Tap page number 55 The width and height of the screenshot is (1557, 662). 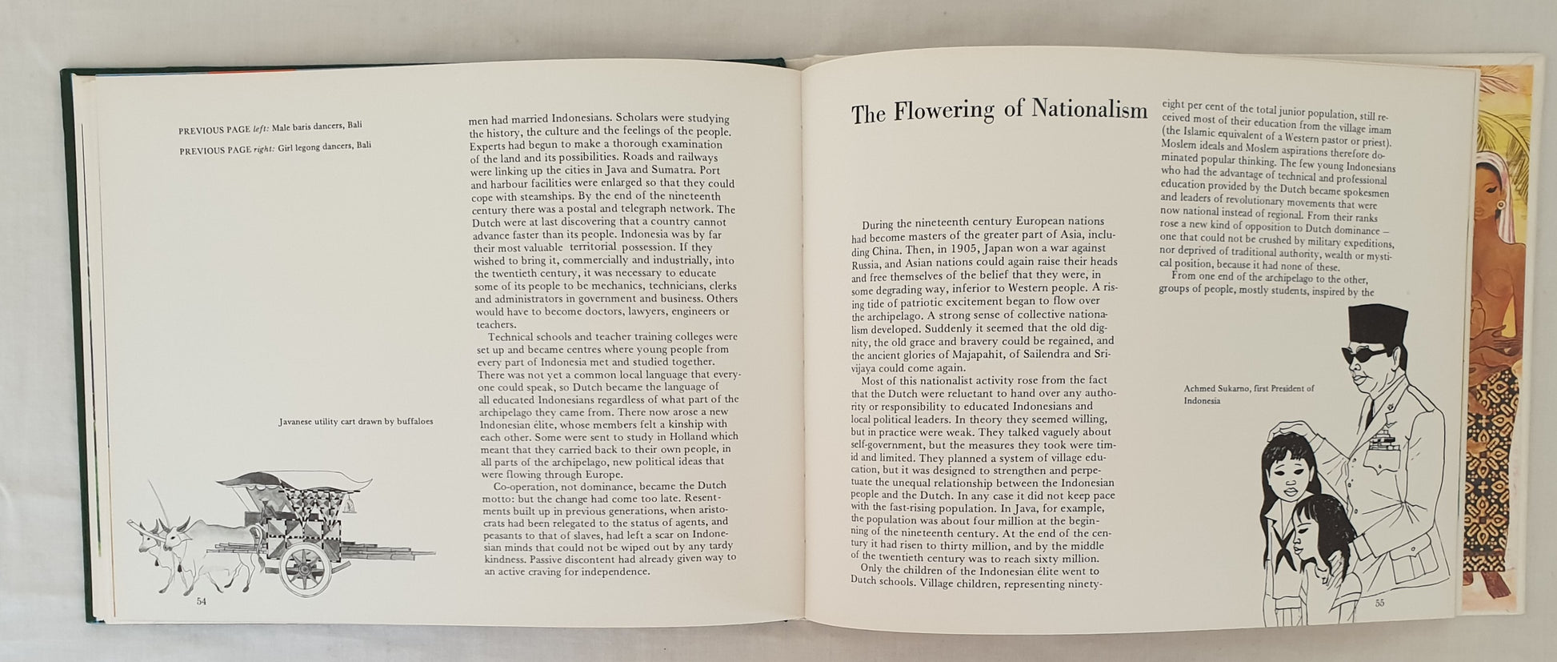pos(1379,603)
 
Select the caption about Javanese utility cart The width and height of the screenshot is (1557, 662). pos(356,421)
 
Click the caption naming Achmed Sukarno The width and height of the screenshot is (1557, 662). pos(1248,394)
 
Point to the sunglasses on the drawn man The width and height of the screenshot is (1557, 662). pos(1369,354)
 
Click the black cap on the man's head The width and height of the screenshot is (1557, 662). pos(1377,323)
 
